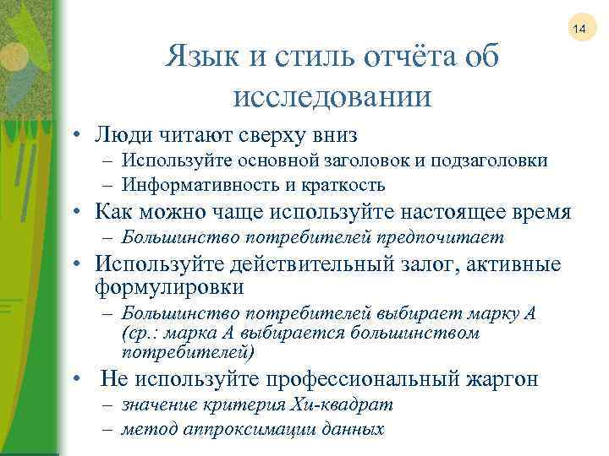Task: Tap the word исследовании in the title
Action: tap(331, 95)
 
